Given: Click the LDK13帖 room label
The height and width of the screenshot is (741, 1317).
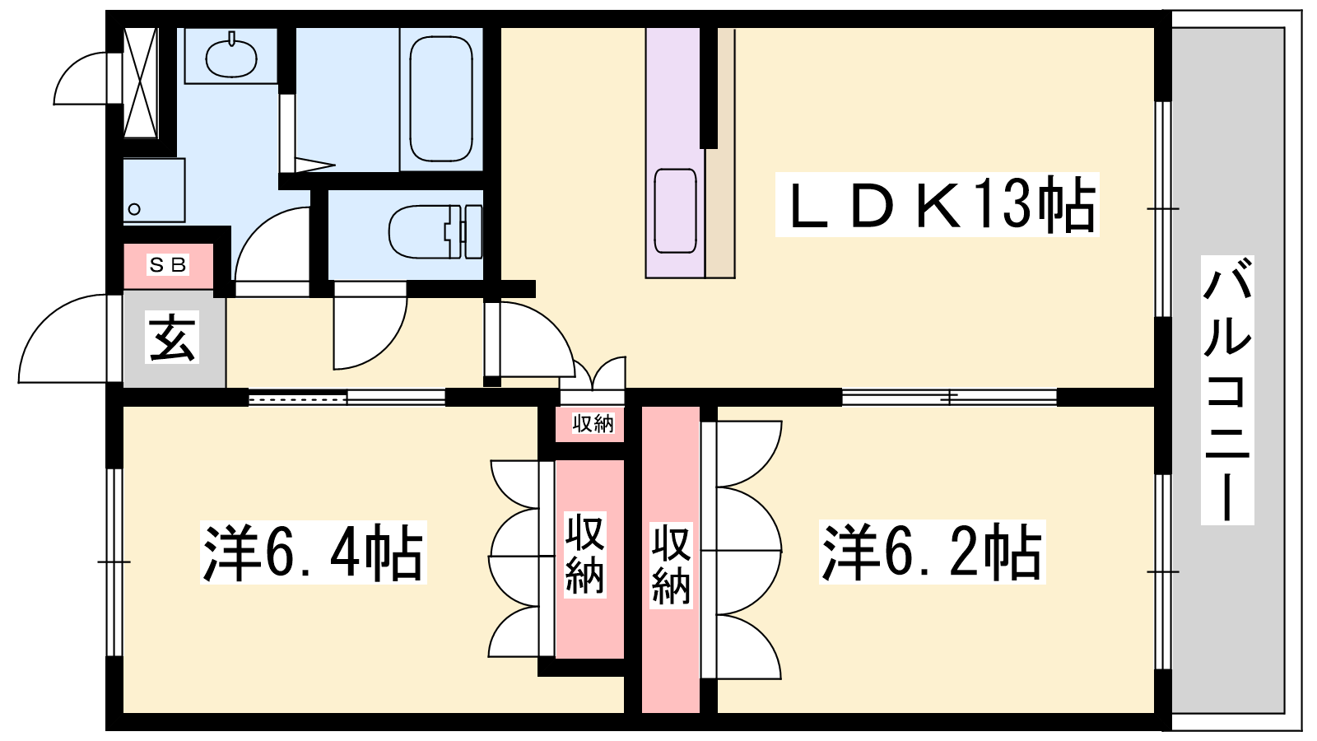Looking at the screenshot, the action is pos(938,204).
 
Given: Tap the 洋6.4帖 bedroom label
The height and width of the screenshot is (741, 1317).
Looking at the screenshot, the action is pos(313,552).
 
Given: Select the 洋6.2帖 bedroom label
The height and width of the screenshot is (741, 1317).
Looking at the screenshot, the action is pos(932,552).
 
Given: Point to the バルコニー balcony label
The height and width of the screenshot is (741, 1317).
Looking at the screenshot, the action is pos(1227,389).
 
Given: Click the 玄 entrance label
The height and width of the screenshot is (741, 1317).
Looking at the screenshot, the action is pos(172,337).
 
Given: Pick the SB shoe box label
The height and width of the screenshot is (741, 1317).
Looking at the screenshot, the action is pos(168,265).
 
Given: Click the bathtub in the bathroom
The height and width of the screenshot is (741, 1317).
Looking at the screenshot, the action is pos(441,100).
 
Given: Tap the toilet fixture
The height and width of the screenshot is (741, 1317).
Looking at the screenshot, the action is pos(435,231).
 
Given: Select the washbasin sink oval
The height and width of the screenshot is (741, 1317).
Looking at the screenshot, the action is pos(231,56).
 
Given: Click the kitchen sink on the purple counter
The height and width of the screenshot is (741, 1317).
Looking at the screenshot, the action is pos(675,211).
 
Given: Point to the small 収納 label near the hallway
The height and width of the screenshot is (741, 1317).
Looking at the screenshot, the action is pos(593,423).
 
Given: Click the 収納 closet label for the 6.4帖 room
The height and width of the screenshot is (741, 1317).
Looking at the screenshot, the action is pos(585,554).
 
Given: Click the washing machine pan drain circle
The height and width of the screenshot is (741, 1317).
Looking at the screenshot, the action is pos(135,209).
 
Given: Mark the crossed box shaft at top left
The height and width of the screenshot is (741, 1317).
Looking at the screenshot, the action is pos(141,82).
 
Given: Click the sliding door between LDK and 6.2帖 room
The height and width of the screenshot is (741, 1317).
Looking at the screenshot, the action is pos(950,398).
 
